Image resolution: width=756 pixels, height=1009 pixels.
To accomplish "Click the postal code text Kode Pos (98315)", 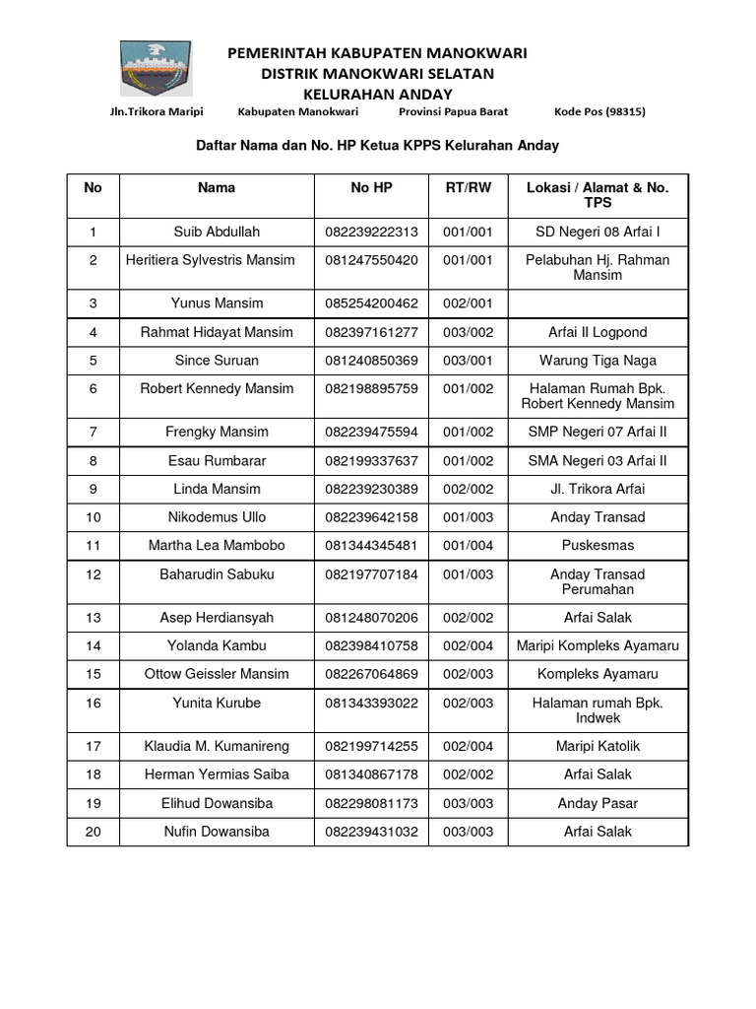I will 599,112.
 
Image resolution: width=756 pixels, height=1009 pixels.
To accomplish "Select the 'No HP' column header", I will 371,187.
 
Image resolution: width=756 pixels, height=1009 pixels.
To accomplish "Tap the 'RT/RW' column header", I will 468,187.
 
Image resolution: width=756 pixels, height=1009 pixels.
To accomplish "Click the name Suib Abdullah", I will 217,232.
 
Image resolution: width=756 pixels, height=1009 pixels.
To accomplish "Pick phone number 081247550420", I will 371,260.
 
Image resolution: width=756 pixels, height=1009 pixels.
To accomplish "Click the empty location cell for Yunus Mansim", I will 598,303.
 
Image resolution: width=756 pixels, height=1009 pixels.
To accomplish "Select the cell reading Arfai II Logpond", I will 598,332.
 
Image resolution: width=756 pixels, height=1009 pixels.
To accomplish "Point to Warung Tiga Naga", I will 598,361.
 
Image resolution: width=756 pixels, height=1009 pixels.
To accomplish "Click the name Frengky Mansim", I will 217,432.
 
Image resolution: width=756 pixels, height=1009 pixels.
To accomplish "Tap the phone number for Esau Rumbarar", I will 371,460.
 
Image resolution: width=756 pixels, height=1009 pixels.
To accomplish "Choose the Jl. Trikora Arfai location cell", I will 598,489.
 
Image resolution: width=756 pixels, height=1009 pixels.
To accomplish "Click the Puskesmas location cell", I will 598,545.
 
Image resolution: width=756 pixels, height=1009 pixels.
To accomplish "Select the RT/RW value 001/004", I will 468,545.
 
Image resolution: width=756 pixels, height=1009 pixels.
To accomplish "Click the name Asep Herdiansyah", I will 217,618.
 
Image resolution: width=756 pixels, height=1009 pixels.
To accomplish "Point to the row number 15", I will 94,674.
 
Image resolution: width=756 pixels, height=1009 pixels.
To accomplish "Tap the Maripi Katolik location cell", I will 598,746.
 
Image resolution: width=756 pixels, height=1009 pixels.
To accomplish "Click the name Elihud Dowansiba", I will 217,803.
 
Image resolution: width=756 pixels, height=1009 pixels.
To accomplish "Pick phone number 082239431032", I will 371,832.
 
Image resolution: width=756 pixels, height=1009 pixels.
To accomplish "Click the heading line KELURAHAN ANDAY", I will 377,94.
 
